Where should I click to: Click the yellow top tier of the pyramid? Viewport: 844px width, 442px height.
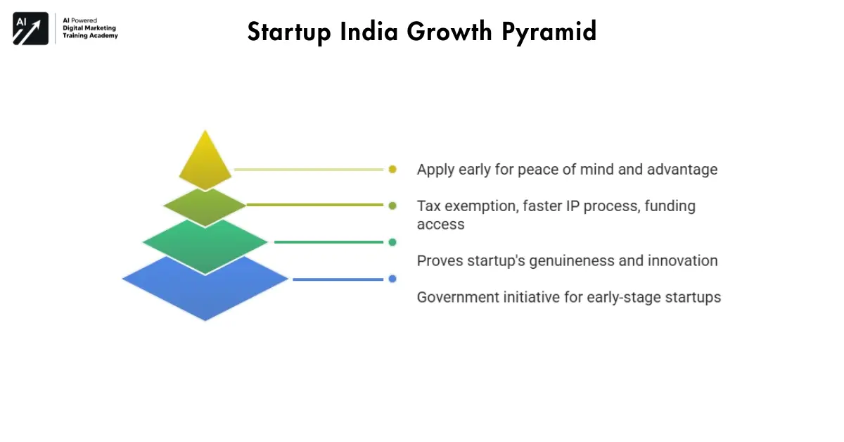205,164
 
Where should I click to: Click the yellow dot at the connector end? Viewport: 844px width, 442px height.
392,169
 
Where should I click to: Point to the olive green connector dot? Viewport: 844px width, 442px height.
392,206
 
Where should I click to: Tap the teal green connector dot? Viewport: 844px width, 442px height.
392,242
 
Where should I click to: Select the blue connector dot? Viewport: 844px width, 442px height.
392,279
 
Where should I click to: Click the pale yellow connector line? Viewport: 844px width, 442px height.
309,170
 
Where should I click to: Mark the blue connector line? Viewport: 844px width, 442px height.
338,279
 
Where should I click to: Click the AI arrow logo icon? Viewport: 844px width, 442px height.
30,29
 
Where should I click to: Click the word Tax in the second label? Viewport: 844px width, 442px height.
428,206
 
